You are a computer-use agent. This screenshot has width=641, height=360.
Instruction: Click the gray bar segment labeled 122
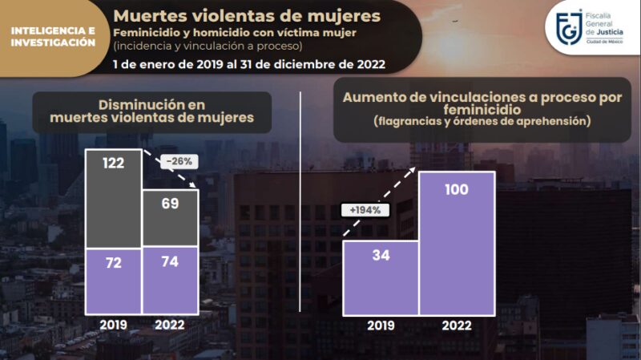tap(113, 198)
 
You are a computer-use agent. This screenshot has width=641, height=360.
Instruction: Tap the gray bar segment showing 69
tap(170, 217)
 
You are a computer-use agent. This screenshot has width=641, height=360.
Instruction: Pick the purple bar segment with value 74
tap(170, 281)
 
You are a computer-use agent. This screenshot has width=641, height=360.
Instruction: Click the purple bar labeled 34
tap(381, 277)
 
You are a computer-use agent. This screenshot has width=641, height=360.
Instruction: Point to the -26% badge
tap(180, 160)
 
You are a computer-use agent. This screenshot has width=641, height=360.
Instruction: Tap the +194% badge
tap(365, 210)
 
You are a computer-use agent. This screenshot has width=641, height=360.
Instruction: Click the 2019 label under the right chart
tap(381, 326)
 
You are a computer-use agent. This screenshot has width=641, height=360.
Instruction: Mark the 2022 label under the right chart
tap(456, 326)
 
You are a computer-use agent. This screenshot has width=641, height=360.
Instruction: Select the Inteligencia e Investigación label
tap(53, 36)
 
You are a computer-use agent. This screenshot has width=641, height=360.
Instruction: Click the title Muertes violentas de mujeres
tap(247, 15)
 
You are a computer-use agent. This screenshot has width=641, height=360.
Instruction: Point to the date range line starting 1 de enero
tap(248, 63)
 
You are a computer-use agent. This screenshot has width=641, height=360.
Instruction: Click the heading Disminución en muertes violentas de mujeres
tap(151, 111)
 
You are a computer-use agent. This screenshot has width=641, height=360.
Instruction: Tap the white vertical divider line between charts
tap(300, 200)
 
